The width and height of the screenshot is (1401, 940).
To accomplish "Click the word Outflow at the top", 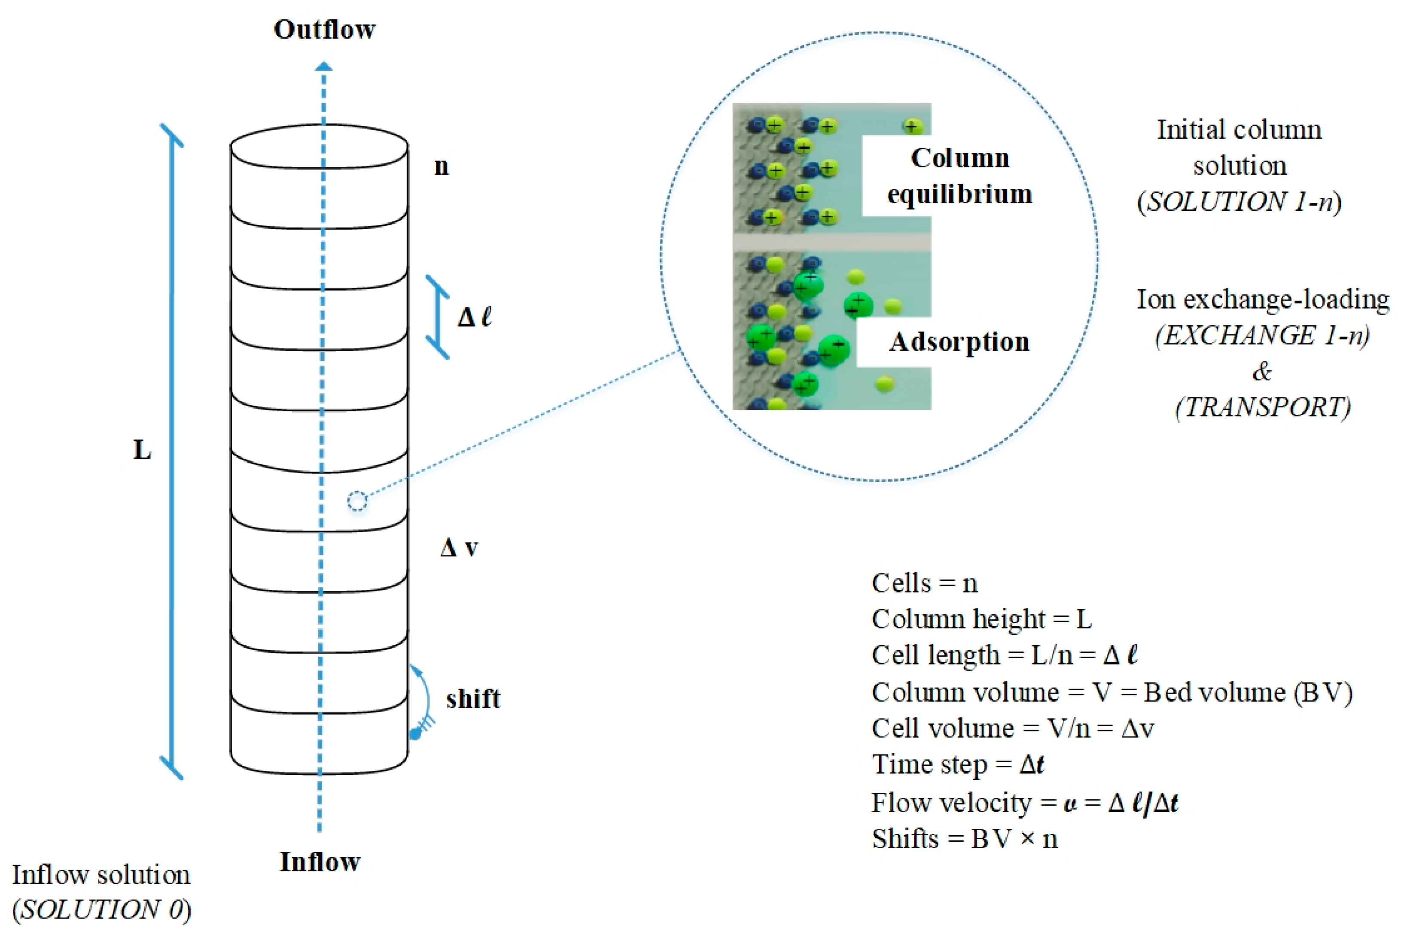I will point(324,29).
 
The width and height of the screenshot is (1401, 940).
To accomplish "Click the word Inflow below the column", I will point(320,861).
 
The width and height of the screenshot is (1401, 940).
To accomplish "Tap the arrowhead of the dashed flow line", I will point(324,66).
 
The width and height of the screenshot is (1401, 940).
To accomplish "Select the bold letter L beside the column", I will point(142,450).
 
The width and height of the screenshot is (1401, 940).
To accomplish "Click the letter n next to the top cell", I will point(442,166).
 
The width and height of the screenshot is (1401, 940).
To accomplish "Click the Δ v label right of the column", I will point(459,547).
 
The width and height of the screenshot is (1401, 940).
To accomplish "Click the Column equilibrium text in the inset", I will point(959,176).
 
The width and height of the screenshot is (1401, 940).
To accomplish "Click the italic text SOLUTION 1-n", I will point(1239,201).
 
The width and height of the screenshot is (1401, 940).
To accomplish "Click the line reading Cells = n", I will point(924,583).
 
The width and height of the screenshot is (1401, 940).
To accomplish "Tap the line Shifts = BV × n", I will point(964,838).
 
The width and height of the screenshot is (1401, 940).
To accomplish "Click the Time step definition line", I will point(958,764).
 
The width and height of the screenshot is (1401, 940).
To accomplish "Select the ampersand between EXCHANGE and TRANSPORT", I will point(1262,372).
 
